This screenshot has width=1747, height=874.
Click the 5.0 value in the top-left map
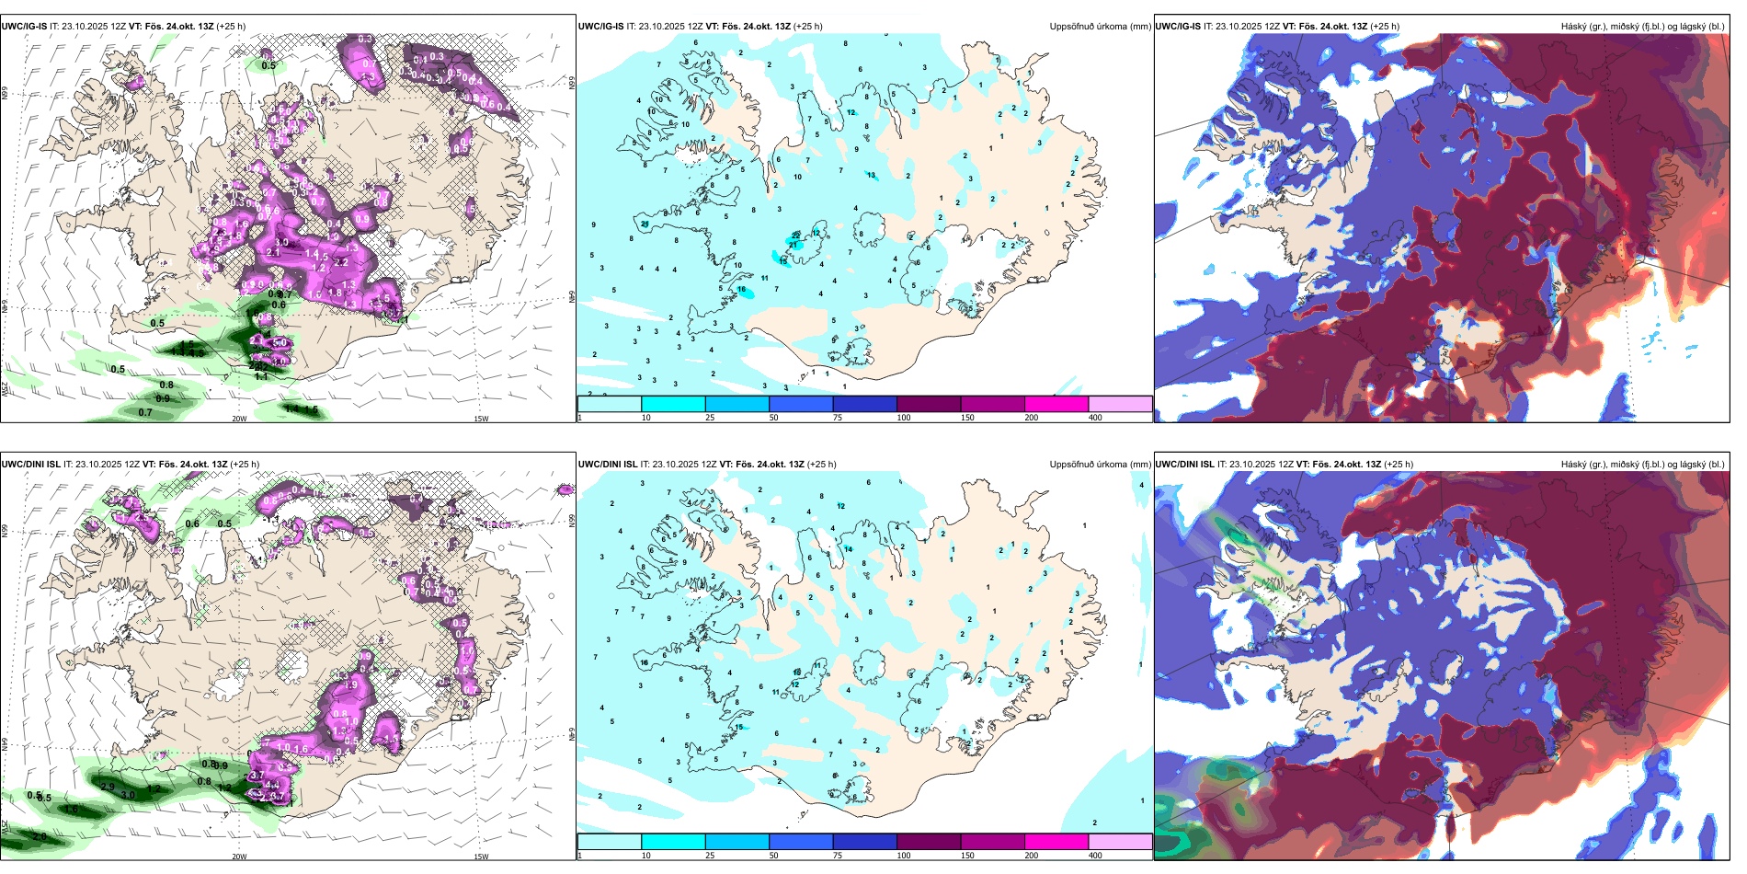[280, 342]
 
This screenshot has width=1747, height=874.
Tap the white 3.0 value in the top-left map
[281, 243]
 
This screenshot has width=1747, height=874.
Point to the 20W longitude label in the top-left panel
[239, 419]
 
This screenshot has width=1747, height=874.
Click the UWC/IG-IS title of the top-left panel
[24, 27]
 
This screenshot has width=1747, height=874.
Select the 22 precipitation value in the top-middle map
[796, 236]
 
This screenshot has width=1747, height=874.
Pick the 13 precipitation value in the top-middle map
[872, 175]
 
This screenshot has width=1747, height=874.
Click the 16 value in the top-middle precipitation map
[742, 290]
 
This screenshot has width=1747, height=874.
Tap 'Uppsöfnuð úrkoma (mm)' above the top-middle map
[1100, 27]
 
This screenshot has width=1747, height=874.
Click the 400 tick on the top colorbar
[1095, 418]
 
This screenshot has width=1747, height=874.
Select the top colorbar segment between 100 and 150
[929, 404]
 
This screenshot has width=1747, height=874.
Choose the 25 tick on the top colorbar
[710, 418]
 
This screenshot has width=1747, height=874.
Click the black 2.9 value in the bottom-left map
[108, 787]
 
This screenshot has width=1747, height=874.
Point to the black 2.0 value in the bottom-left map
[39, 836]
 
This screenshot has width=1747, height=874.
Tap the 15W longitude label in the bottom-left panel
[481, 857]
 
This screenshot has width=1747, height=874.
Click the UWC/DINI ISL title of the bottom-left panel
[30, 465]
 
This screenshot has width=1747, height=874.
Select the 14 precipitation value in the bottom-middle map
[849, 549]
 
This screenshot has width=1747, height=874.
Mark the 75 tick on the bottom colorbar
[838, 856]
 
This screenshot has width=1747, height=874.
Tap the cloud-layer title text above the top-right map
[1642, 27]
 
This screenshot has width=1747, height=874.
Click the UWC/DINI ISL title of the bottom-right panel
[1184, 465]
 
